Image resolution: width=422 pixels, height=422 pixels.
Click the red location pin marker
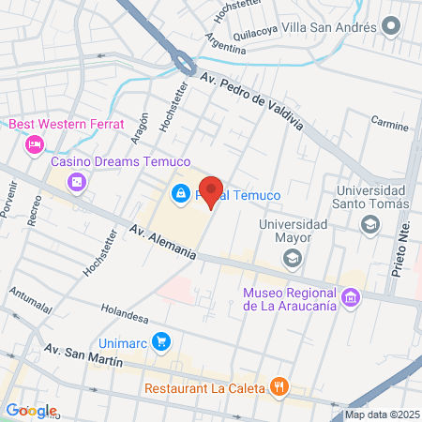click(211, 191)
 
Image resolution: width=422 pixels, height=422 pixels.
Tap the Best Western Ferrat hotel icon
click(35, 143)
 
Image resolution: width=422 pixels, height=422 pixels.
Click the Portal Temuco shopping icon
click(178, 194)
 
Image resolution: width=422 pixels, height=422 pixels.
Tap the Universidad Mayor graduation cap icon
click(294, 256)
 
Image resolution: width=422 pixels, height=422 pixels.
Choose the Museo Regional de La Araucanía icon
click(351, 298)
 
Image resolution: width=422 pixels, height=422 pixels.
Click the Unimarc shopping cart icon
click(162, 340)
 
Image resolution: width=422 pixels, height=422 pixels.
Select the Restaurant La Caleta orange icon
click(279, 386)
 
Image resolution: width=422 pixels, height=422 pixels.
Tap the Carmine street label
click(390, 122)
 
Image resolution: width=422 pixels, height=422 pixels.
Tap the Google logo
click(31, 410)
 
